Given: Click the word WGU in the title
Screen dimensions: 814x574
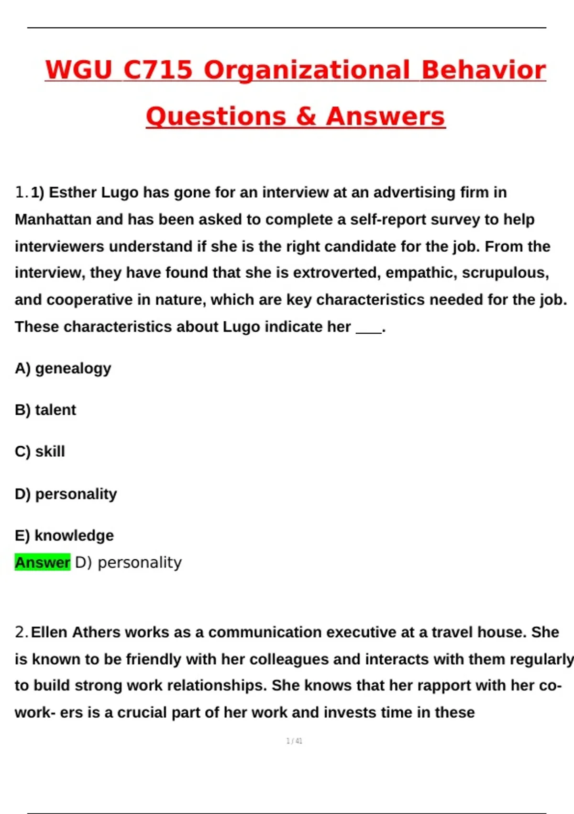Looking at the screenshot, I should pyautogui.click(x=78, y=70).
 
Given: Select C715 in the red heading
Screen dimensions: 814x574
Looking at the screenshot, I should pyautogui.click(x=158, y=70).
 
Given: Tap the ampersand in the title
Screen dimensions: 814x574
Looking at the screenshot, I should pyautogui.click(x=306, y=116).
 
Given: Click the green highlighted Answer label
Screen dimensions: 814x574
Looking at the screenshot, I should pyautogui.click(x=43, y=562).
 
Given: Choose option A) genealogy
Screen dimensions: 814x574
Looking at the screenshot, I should pyautogui.click(x=63, y=368).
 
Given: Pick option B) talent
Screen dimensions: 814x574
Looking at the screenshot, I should pyautogui.click(x=45, y=410).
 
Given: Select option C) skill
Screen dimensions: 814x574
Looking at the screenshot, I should pyautogui.click(x=40, y=452).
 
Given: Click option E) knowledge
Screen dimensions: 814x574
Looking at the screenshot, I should pyautogui.click(x=64, y=535).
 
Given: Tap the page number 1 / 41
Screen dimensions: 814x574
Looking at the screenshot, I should pyautogui.click(x=294, y=741).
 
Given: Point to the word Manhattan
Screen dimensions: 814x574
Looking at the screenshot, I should pyautogui.click(x=53, y=219).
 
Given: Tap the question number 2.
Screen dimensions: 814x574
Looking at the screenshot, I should pyautogui.click(x=21, y=632).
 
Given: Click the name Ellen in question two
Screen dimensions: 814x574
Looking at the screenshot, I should pyautogui.click(x=50, y=632).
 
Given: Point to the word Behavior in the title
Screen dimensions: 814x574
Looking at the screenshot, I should pyautogui.click(x=483, y=70).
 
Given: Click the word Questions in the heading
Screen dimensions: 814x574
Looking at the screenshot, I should pyautogui.click(x=216, y=116).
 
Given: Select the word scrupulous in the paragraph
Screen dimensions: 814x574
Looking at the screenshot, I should pyautogui.click(x=505, y=272).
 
